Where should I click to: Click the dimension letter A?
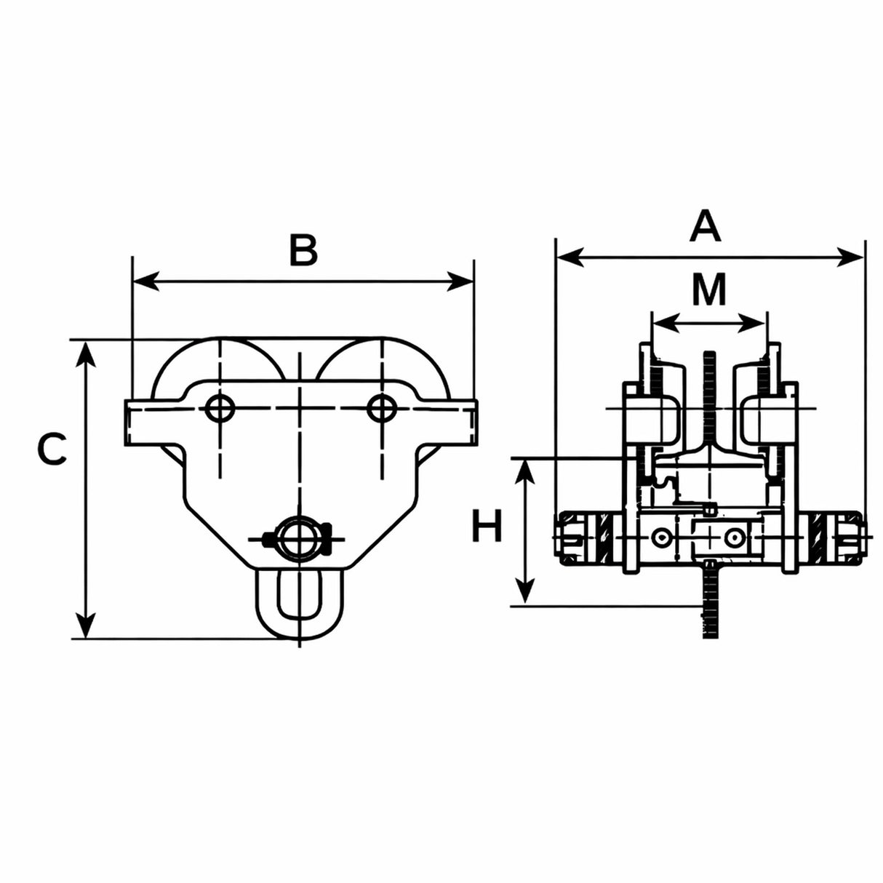point(704,226)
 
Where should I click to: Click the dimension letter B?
point(303,251)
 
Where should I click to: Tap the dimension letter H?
point(487,526)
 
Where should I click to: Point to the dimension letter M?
point(709,289)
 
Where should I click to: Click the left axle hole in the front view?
point(220,407)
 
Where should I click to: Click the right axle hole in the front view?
point(382,407)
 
